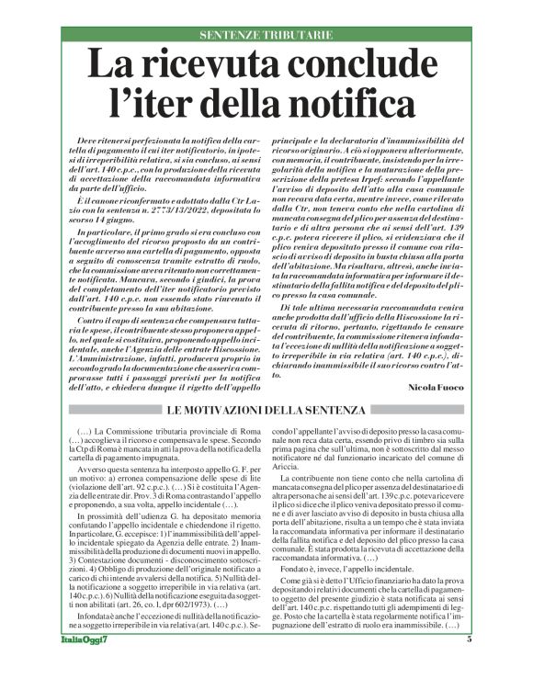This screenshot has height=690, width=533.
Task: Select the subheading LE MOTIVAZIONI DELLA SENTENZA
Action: pos(266,409)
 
